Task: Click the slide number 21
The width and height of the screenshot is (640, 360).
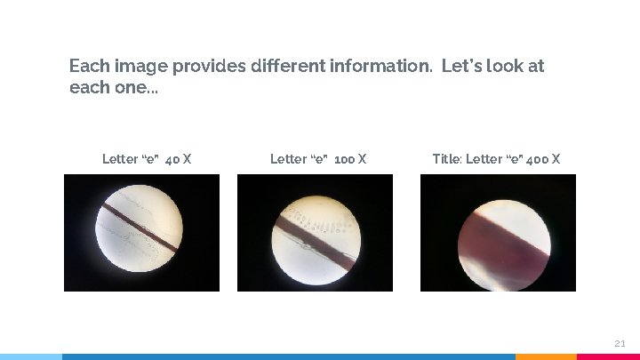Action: tap(620, 343)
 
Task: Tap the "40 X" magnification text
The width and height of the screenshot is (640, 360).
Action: tap(179, 159)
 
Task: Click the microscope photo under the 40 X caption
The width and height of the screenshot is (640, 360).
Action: tap(141, 233)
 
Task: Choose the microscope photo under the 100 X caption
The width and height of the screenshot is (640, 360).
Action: tap(315, 233)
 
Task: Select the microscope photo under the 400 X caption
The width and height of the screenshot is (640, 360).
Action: tap(498, 233)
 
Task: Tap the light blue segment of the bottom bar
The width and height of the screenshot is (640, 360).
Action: tap(31, 356)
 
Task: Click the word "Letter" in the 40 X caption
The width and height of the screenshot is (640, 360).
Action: tap(120, 159)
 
